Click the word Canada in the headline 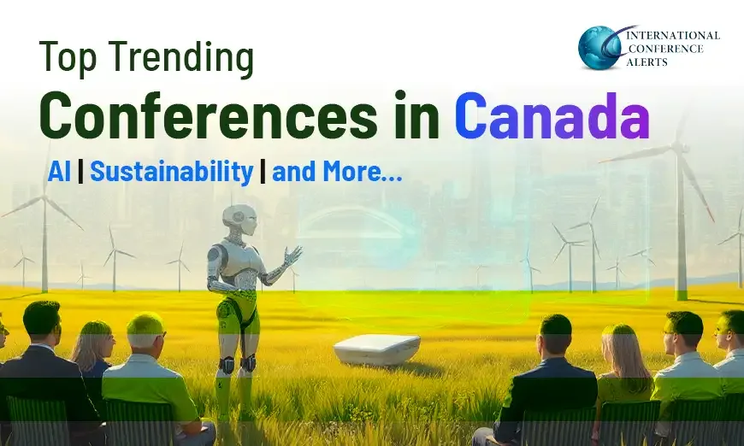click(552, 118)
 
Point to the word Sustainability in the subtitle click(171, 172)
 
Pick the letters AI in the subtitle click(60, 172)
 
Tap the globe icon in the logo click(599, 46)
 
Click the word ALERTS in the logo click(652, 62)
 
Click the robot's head click(239, 220)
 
